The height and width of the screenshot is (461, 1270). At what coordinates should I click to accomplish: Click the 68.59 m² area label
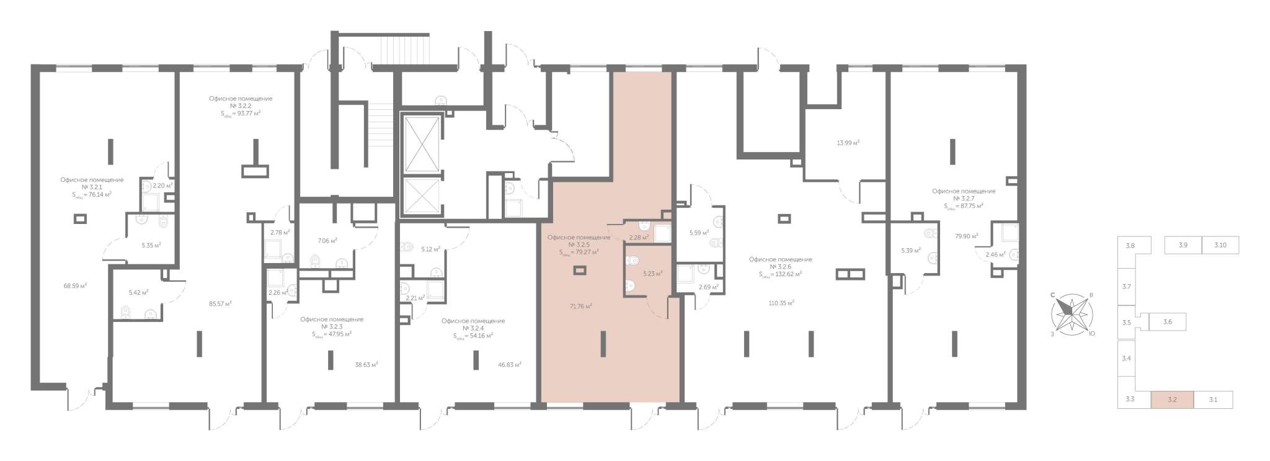(x=75, y=286)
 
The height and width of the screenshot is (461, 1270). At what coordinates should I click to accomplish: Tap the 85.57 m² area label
(x=220, y=304)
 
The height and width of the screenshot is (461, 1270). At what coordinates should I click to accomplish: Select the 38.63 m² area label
(x=366, y=365)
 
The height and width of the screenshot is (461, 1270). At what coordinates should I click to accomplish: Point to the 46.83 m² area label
(x=509, y=365)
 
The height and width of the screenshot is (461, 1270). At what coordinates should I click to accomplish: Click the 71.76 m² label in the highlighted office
(x=580, y=306)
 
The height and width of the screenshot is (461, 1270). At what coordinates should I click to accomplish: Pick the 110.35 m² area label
(x=781, y=303)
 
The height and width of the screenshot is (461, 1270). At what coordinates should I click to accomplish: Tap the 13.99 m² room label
(x=848, y=143)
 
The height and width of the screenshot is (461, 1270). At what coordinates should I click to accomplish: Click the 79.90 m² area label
(x=967, y=236)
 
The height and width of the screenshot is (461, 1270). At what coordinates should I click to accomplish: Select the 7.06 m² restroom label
(x=327, y=241)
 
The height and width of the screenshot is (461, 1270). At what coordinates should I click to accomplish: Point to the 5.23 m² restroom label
(x=653, y=274)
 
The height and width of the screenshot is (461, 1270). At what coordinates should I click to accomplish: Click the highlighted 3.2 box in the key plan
(x=1172, y=400)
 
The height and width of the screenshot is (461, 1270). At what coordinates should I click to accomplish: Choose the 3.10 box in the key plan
(x=1220, y=245)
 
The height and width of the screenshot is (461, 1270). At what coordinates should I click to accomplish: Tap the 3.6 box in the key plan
(x=1168, y=323)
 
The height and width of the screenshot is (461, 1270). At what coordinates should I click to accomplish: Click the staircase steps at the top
(x=404, y=49)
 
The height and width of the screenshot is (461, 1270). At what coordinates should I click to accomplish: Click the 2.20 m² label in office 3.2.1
(x=162, y=186)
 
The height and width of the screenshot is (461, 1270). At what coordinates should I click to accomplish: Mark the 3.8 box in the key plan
(x=1130, y=246)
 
